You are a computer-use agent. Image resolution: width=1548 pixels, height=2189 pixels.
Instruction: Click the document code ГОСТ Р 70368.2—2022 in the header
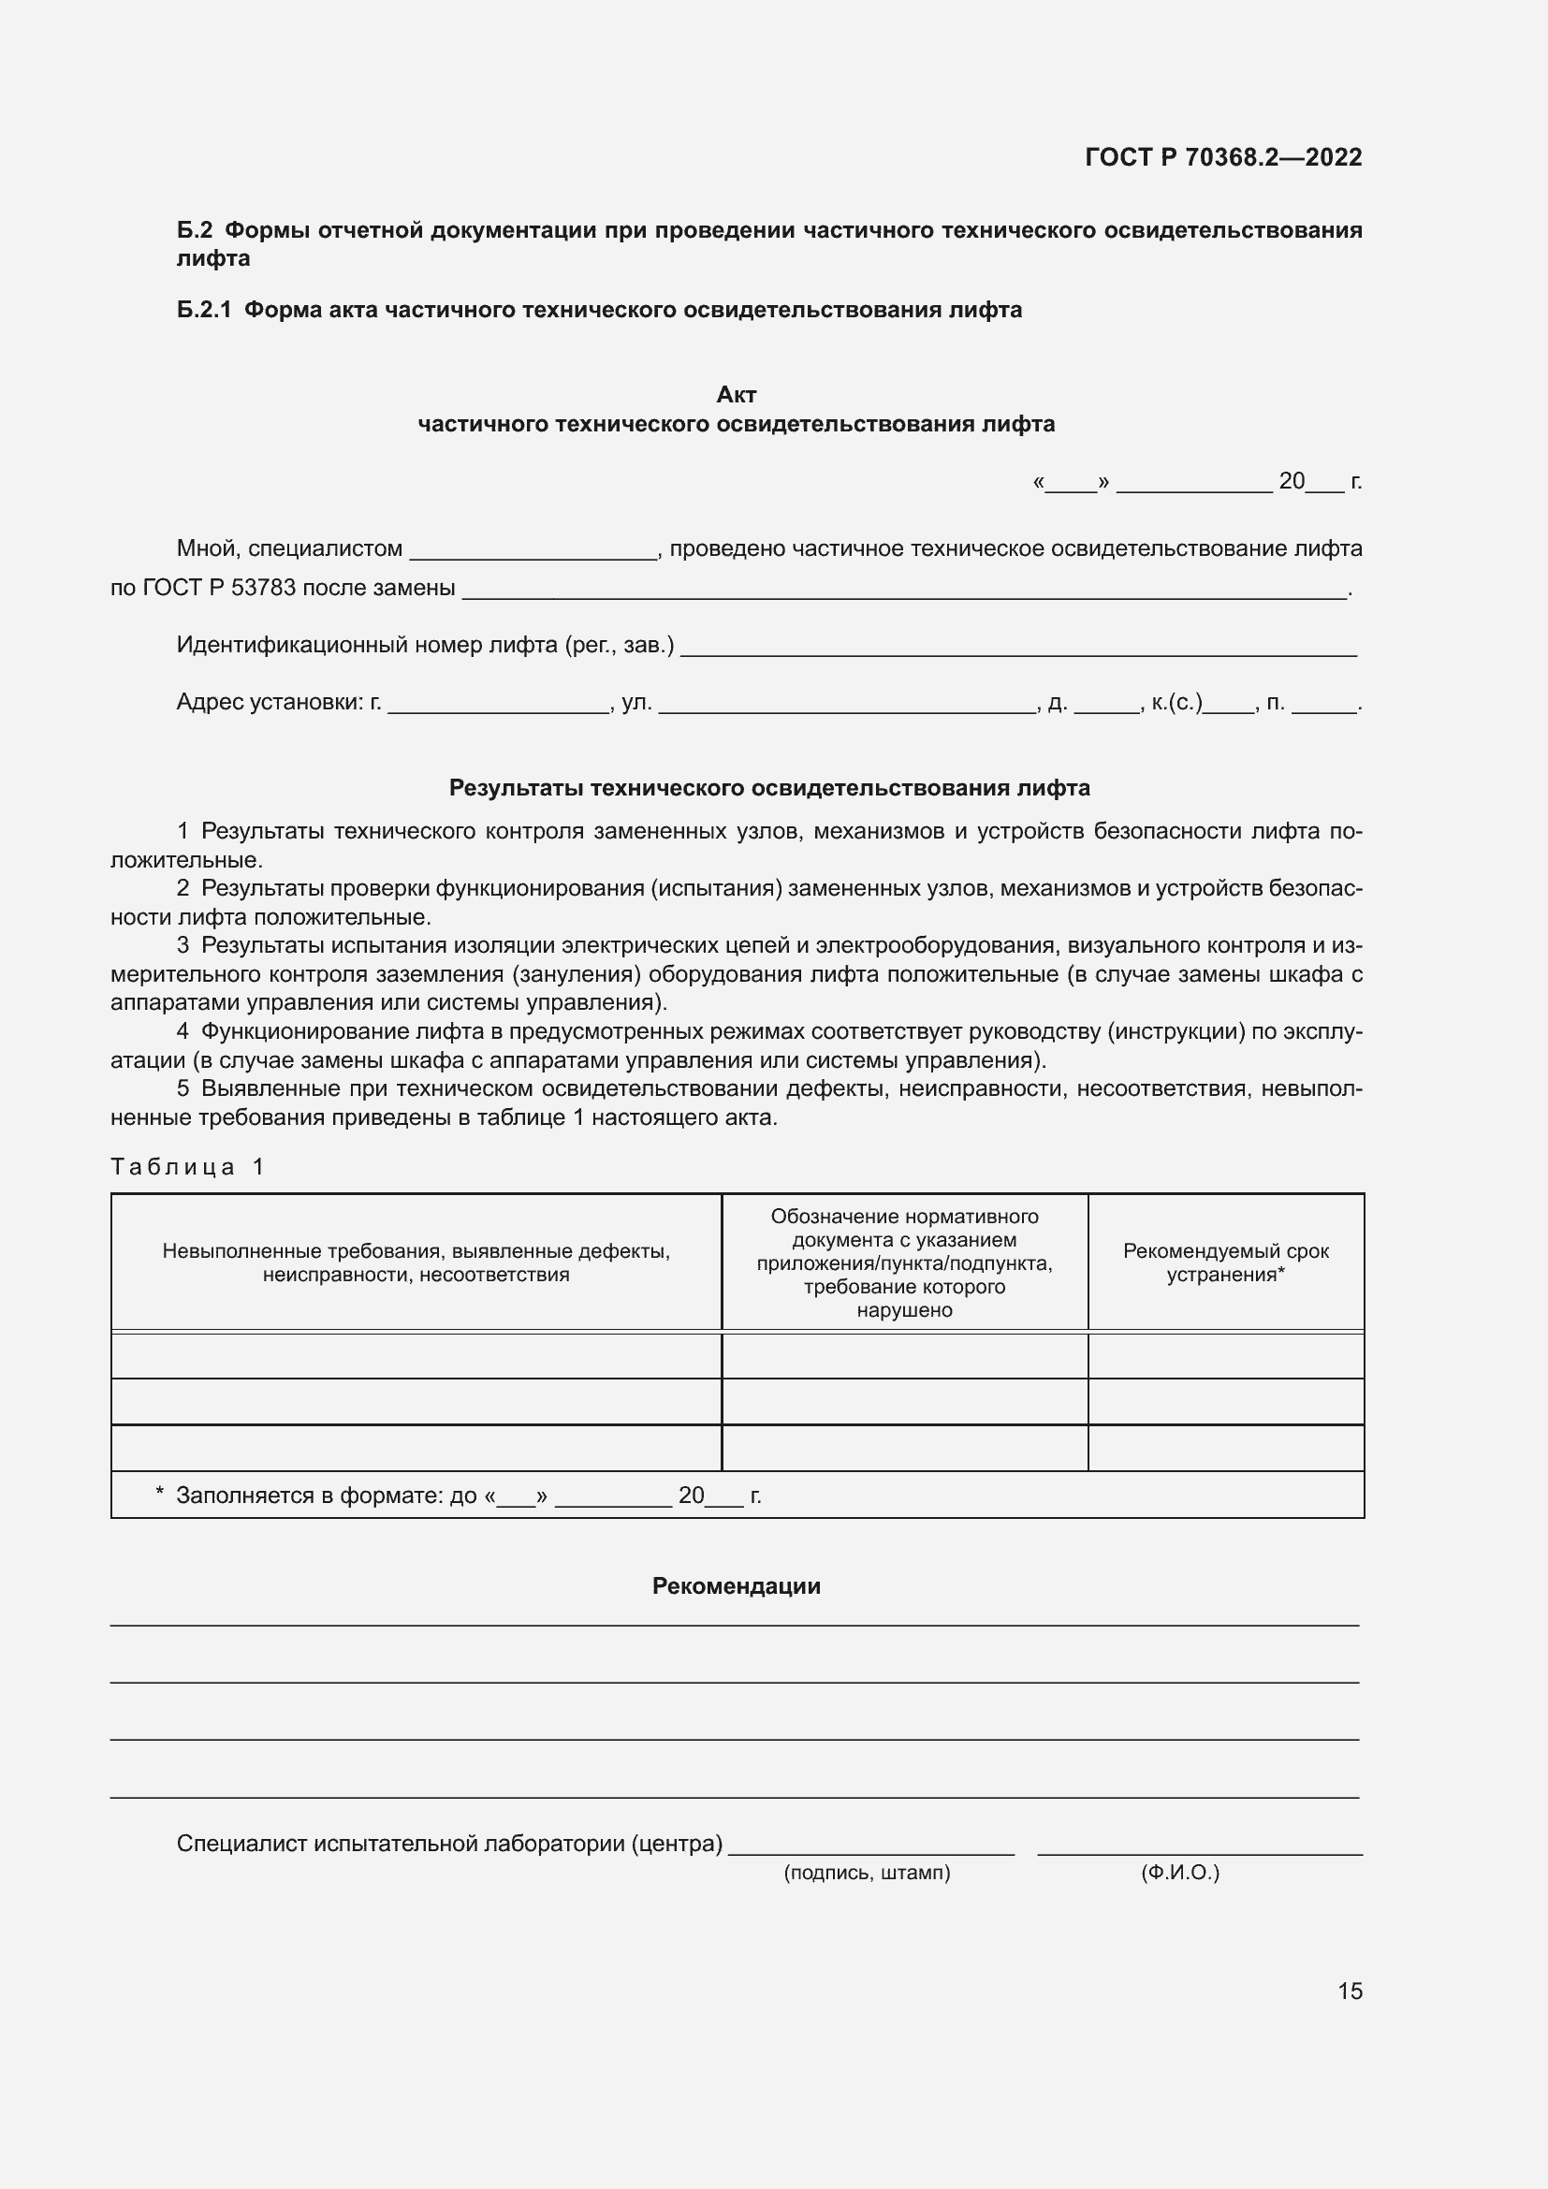[x=1223, y=157]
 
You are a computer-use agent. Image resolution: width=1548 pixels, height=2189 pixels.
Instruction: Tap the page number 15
[x=1350, y=1991]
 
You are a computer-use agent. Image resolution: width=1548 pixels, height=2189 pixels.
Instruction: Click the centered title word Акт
[x=736, y=395]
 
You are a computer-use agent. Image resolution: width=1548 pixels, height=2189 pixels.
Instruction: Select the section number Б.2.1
[x=204, y=310]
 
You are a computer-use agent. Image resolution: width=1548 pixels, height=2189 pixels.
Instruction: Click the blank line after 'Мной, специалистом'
[x=532, y=551]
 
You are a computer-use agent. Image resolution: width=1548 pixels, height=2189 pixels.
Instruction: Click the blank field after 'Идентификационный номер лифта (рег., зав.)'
[x=1017, y=649]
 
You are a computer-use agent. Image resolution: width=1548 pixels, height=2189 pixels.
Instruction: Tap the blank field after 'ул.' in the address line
[x=846, y=706]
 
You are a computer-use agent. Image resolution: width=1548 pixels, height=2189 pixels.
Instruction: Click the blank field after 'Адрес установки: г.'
[x=498, y=706]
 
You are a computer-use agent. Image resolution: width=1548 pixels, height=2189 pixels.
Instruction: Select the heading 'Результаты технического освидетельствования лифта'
[x=769, y=788]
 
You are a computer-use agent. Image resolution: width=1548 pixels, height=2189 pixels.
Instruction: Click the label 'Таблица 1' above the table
[x=187, y=1167]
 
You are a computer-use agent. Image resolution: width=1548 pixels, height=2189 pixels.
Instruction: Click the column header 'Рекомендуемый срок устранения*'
[x=1225, y=1262]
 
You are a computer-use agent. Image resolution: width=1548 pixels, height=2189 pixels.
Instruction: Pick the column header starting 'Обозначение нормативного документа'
[x=904, y=1262]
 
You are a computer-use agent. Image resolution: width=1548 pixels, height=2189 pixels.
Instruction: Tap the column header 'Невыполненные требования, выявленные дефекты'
[x=416, y=1262]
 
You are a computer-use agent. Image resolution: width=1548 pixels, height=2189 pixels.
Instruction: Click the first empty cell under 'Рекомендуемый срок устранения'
[x=1225, y=1355]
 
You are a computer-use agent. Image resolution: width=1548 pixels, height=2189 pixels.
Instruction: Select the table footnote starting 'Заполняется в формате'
[x=458, y=1495]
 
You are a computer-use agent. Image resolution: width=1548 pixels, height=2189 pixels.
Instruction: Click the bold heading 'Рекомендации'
[x=736, y=1586]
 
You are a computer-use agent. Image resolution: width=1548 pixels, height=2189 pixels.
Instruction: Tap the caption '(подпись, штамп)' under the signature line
[x=867, y=1873]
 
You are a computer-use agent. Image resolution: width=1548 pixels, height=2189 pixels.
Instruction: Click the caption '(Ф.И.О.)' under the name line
[x=1179, y=1873]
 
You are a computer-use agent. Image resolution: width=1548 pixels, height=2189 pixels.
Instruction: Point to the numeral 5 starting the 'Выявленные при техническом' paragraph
[x=183, y=1088]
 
